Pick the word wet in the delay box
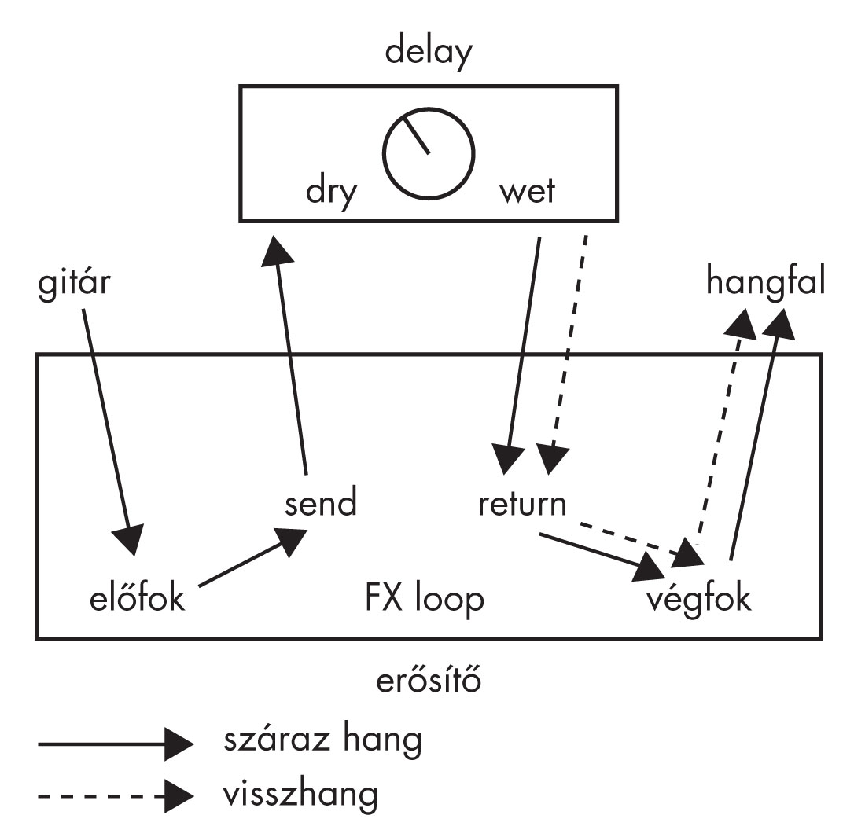pos(526,193)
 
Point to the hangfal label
pos(765,281)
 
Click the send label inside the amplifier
pos(320,502)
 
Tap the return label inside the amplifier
pos(522,503)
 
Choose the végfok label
pos(699,600)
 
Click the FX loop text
pos(424,600)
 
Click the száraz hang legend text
pos(322,741)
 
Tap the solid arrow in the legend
pos(114,743)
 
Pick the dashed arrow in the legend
pos(114,797)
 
